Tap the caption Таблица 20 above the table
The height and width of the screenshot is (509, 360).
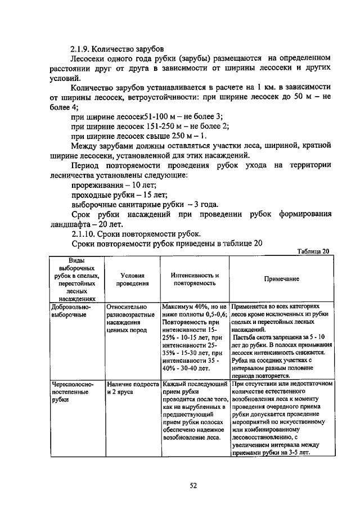[314, 251]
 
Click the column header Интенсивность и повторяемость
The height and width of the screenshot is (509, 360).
[195, 280]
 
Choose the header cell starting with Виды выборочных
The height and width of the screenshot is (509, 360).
[77, 280]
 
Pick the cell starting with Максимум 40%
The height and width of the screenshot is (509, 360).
[195, 338]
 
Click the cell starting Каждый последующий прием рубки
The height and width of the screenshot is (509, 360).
[195, 411]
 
